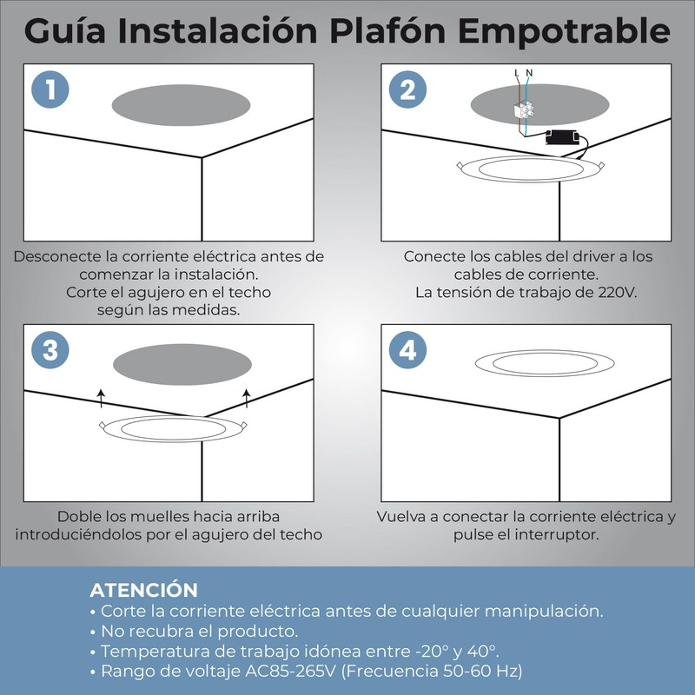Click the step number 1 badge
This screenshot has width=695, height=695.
coord(50,90)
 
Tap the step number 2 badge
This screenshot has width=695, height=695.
coord(407,90)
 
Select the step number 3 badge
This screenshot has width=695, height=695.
coord(50,351)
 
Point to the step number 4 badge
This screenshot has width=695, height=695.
coord(407,351)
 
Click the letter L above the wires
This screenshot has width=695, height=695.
coord(518,73)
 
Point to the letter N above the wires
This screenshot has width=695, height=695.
coord(529,73)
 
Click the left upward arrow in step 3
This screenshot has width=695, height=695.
coord(101,399)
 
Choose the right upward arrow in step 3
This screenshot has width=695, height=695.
coord(247,399)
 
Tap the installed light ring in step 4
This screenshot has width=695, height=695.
coord(544,363)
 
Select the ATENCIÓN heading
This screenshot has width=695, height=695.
coord(143,590)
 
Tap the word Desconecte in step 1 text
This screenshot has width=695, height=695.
coord(56,257)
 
